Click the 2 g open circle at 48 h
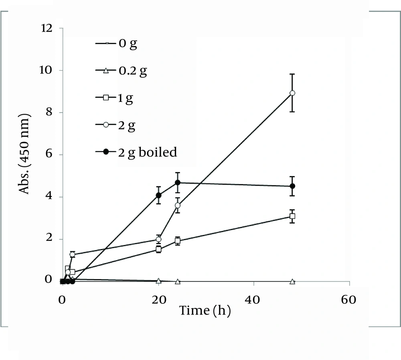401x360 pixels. click(x=292, y=93)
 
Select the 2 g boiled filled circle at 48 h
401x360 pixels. click(x=292, y=186)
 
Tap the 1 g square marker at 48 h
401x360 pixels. click(x=292, y=216)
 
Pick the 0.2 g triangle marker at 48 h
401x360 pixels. click(x=292, y=281)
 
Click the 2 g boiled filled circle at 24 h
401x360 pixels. click(x=178, y=183)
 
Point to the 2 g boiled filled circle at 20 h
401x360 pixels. click(x=158, y=195)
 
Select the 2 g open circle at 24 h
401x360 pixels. click(x=178, y=205)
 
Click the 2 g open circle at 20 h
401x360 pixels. click(x=158, y=239)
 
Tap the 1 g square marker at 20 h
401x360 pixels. click(x=158, y=249)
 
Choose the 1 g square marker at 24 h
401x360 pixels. click(x=178, y=241)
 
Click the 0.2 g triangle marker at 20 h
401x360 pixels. click(x=158, y=281)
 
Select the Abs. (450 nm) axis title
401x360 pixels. click(x=25, y=154)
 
